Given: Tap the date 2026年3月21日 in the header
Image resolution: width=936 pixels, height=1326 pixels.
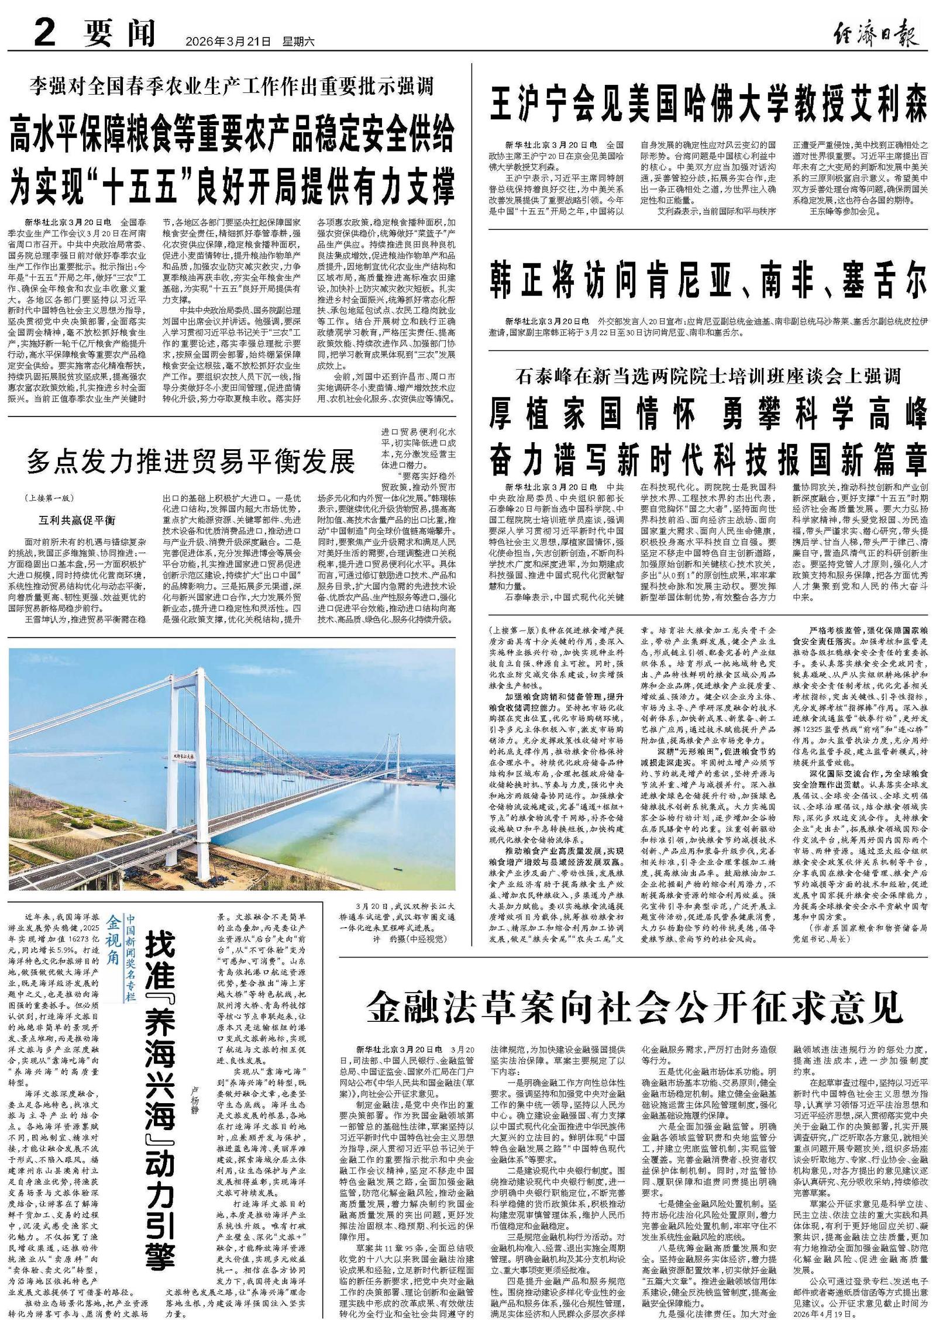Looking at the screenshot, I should [228, 42].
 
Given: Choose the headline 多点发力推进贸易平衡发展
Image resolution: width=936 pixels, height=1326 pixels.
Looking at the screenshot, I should [191, 462].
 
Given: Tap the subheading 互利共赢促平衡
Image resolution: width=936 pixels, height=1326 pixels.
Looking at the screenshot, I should [77, 520].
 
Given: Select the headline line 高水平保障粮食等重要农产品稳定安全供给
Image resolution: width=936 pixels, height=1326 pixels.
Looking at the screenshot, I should [232, 136].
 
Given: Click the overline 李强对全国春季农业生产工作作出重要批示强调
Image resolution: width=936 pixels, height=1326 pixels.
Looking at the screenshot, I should [232, 88].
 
